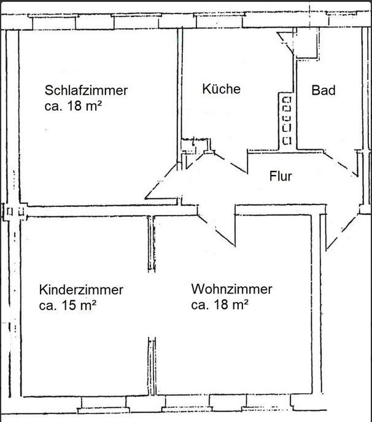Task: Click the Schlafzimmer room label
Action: tap(86, 90)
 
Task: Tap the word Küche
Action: tap(221, 89)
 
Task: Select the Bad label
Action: tap(324, 90)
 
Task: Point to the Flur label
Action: tap(281, 176)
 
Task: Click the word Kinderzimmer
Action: tap(81, 289)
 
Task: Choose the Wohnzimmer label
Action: tap(231, 289)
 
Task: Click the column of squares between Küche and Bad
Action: tap(286, 120)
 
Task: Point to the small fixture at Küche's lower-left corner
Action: tap(195, 146)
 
